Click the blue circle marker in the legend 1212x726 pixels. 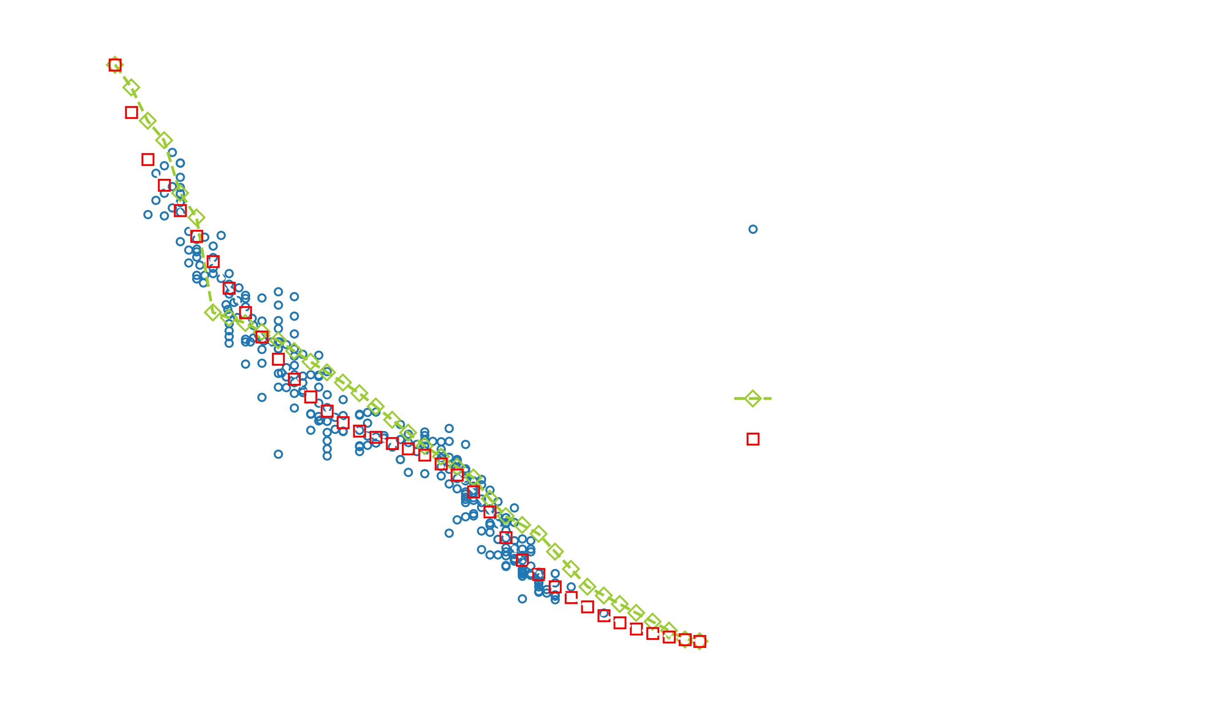pos(752,229)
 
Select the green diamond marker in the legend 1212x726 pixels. pos(752,398)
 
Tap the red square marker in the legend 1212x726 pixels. pos(752,439)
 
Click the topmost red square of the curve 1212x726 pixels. pos(115,65)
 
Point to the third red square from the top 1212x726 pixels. pos(148,159)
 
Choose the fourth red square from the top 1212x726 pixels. pos(164,185)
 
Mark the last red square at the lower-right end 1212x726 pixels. pos(700,641)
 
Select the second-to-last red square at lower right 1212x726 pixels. pos(685,639)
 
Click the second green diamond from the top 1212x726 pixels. pos(131,88)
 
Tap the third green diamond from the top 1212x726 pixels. pos(148,120)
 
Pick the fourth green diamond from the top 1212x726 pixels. pos(164,140)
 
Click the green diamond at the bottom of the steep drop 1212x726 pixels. pos(212,312)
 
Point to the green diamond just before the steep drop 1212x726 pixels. pos(197,217)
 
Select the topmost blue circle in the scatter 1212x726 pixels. pos(172,153)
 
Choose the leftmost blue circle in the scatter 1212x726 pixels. pos(148,214)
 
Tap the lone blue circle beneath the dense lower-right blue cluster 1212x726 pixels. pos(522,599)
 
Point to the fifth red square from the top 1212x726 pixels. pos(181,210)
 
